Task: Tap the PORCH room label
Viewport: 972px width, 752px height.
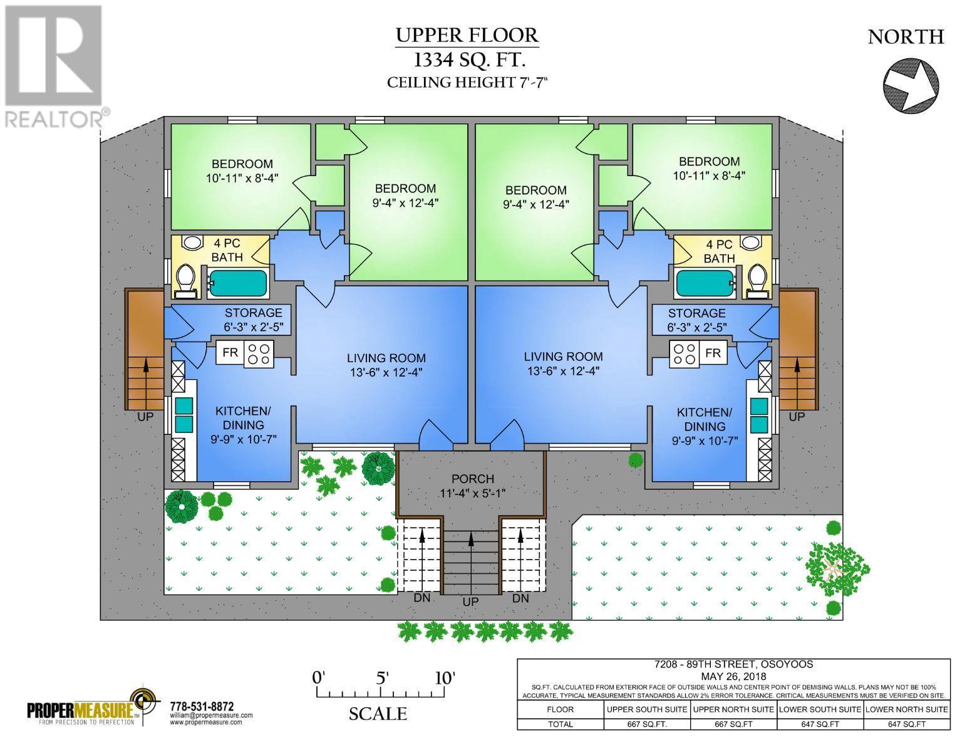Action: (x=472, y=479)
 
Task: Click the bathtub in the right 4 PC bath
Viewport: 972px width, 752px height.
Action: (x=704, y=283)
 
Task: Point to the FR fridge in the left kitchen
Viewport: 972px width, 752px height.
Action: (x=230, y=353)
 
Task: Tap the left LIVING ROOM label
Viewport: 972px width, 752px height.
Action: (x=386, y=358)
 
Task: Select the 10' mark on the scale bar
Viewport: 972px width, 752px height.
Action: (x=445, y=679)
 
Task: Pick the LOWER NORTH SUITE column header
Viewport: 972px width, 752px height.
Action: (x=907, y=709)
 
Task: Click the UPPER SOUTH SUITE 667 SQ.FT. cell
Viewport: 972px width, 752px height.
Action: (x=647, y=724)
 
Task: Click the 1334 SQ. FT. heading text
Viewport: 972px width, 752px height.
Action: (x=467, y=60)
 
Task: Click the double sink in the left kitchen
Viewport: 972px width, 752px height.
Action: (x=184, y=415)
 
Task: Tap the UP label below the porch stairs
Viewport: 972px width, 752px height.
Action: (x=470, y=602)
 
